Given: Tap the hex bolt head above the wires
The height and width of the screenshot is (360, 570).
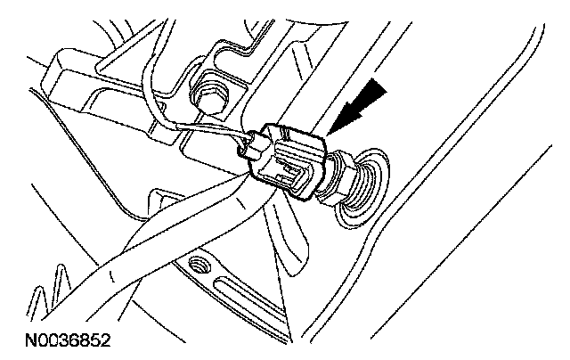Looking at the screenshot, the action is point(211,93).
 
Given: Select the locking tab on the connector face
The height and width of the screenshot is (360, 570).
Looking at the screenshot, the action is point(289,170).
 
